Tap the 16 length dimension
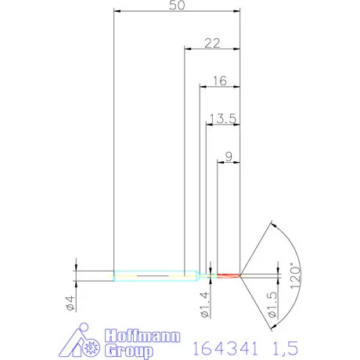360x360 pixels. (x=220, y=80)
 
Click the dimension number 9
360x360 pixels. (x=228, y=157)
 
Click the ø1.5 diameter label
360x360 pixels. (x=272, y=305)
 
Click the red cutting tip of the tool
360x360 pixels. (x=227, y=275)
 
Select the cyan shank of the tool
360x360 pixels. (x=149, y=275)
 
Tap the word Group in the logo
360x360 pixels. (x=126, y=349)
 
